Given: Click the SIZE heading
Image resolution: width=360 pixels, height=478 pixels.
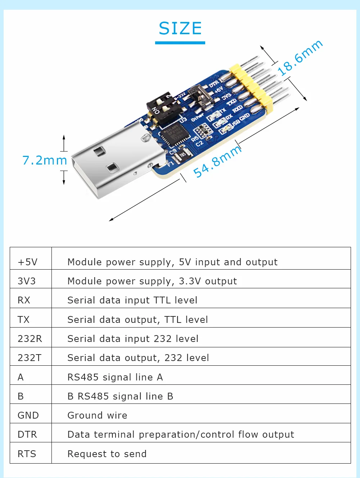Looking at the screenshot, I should tap(180, 28).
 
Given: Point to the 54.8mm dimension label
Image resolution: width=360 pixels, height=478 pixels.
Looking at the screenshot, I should tap(217, 162).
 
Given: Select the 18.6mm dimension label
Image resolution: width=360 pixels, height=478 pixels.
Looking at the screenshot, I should tap(300, 58).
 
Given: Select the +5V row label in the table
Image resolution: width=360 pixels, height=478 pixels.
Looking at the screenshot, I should tap(28, 262).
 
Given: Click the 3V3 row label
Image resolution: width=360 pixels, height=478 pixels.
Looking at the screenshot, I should tap(27, 281).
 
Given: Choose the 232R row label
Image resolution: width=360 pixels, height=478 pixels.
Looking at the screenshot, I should tap(30, 339).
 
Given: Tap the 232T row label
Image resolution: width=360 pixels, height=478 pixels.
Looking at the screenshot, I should tap(30, 358).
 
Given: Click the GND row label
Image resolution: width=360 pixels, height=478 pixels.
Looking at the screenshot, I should tap(28, 415).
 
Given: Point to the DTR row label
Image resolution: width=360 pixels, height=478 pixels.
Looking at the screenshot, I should tap(27, 434).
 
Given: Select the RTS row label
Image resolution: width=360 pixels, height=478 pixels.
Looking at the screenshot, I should tap(27, 454).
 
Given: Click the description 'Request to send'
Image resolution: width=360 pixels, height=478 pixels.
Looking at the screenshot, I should tap(107, 454).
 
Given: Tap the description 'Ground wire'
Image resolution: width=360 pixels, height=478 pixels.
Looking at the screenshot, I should tap(97, 415).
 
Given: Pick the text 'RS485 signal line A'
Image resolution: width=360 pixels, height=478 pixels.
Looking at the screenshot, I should tap(115, 377).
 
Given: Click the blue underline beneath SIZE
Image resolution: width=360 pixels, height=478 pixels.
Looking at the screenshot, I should tap(180, 43).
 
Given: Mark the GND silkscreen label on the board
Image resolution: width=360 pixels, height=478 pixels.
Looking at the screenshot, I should tap(245, 116).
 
